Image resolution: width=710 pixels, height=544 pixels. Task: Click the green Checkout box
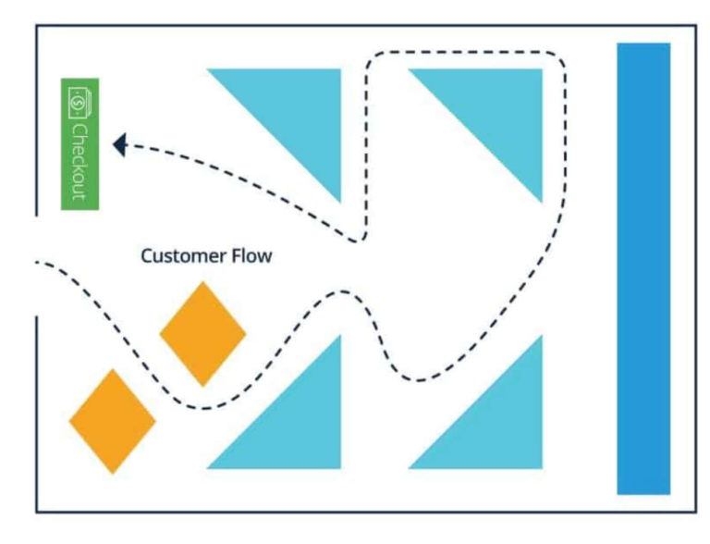click(x=80, y=143)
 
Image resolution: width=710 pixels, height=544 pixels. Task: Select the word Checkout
click(x=80, y=161)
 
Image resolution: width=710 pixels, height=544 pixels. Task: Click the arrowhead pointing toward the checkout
click(x=118, y=144)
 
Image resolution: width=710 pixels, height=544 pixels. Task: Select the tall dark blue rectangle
click(x=643, y=268)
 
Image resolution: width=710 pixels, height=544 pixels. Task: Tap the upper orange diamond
click(x=202, y=334)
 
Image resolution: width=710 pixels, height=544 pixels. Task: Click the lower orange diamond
click(x=113, y=422)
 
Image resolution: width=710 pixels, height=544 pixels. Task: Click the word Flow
click(x=251, y=256)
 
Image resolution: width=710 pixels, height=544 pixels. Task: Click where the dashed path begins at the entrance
click(x=39, y=263)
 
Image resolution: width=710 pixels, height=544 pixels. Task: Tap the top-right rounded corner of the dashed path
click(x=557, y=61)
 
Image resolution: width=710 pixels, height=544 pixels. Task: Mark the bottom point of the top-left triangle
click(x=339, y=201)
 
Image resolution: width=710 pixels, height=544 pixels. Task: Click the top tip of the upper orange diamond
click(x=202, y=283)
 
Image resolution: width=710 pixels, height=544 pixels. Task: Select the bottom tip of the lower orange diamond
click(x=113, y=473)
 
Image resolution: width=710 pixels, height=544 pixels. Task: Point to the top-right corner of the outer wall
click(x=695, y=26)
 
